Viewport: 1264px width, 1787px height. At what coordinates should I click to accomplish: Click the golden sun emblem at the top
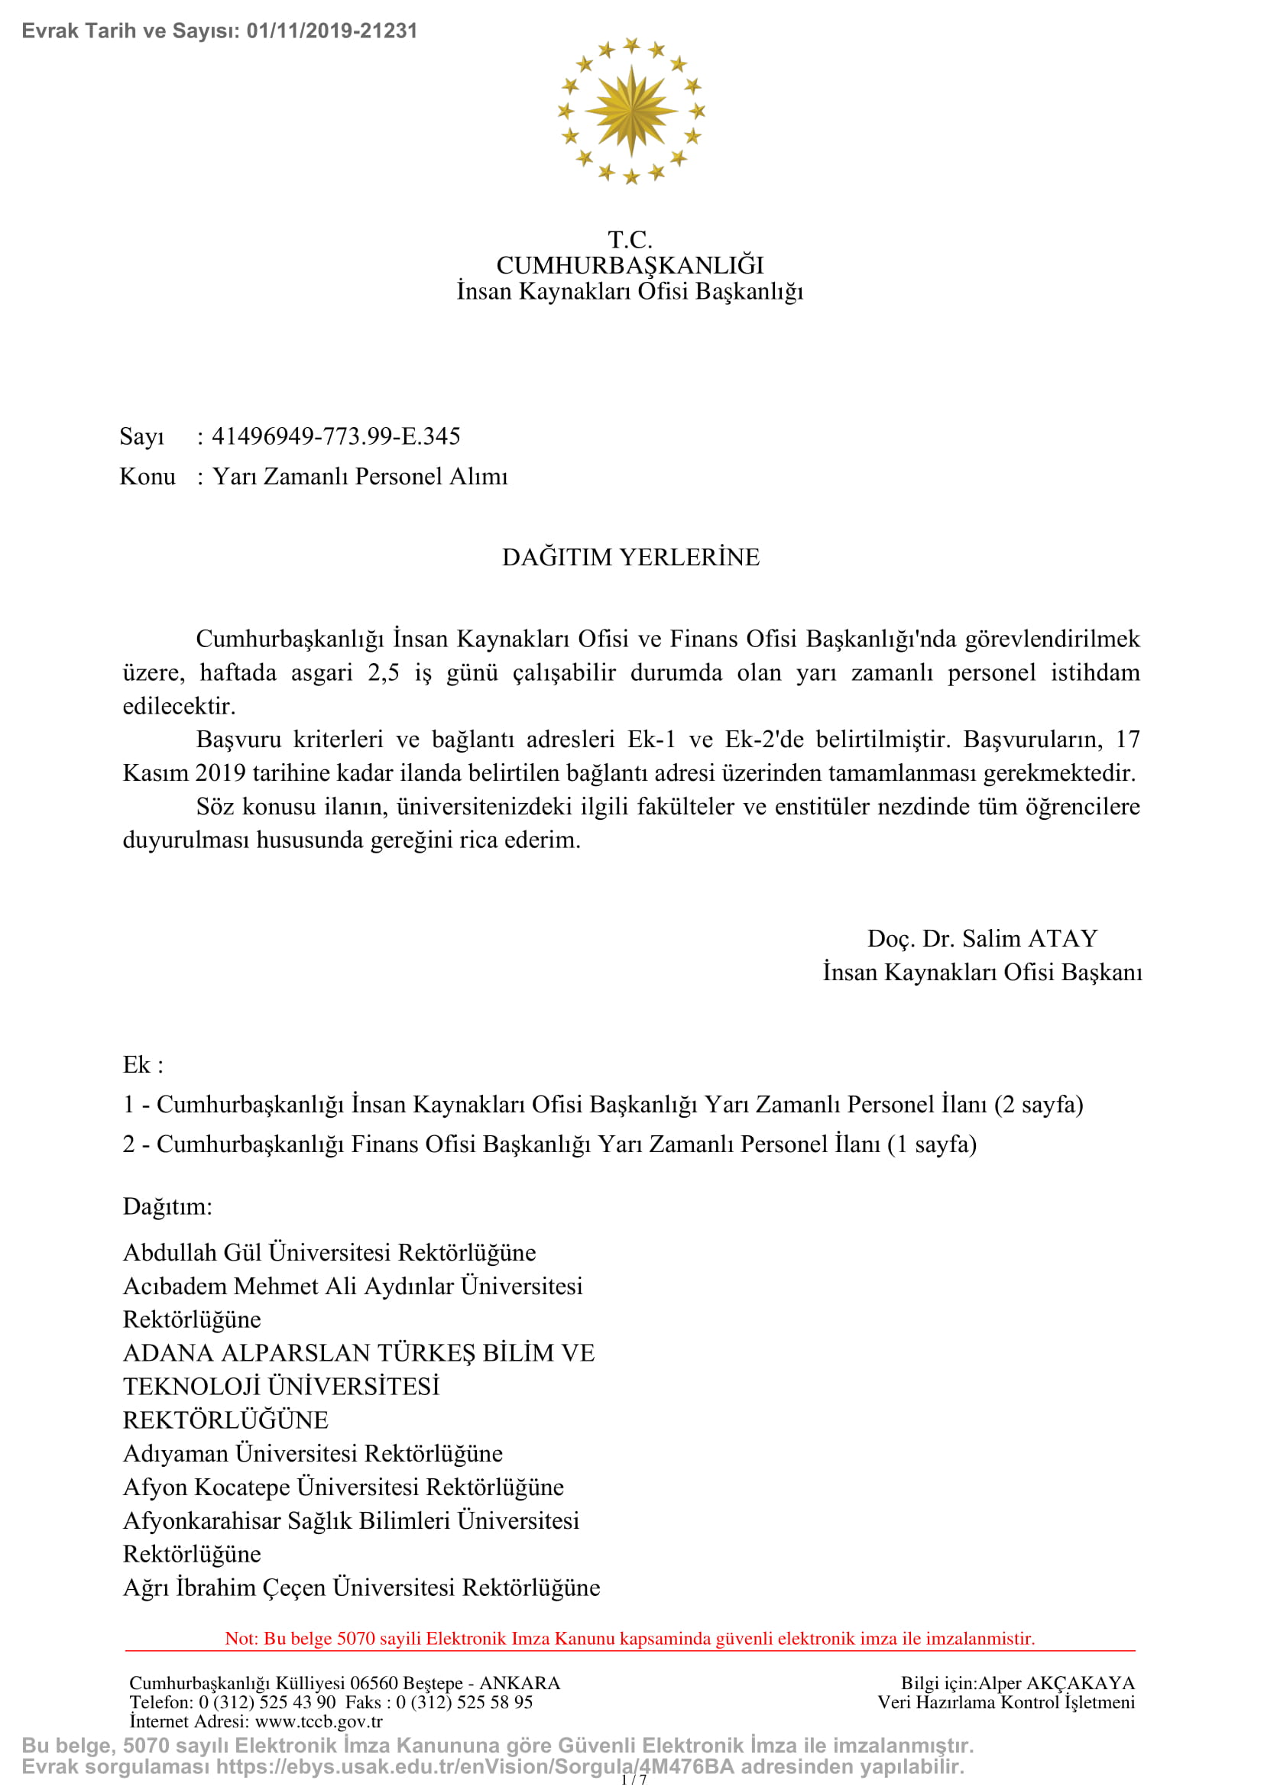point(630,111)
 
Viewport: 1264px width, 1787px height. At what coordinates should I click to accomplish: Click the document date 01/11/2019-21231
point(332,31)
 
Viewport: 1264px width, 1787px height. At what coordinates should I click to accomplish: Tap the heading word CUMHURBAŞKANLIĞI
point(630,265)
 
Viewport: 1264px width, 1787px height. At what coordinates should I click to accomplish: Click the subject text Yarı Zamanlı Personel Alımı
point(360,476)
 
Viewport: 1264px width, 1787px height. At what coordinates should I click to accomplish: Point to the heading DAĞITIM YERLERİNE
point(630,557)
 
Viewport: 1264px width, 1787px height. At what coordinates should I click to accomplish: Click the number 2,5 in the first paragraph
point(384,672)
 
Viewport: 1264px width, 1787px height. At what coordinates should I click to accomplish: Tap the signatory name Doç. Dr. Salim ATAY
point(982,939)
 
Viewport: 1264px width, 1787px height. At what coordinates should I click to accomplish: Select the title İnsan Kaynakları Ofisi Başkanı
point(982,972)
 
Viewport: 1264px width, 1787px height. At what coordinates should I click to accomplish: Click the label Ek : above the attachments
point(143,1065)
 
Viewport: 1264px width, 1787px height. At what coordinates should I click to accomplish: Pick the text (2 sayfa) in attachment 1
point(1039,1105)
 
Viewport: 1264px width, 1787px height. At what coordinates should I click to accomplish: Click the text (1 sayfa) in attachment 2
point(932,1144)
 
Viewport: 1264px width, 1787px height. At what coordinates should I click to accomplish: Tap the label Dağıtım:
point(167,1206)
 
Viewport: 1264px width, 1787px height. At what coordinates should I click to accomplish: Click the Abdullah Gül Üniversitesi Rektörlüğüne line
point(329,1252)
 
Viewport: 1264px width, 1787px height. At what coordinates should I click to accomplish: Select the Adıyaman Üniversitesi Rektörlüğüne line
point(313,1453)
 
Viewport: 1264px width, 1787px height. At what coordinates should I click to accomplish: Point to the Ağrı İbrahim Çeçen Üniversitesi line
point(361,1587)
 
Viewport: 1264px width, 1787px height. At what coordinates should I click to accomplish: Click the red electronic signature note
point(630,1638)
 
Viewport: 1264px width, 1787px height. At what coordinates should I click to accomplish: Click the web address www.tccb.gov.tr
point(319,1721)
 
